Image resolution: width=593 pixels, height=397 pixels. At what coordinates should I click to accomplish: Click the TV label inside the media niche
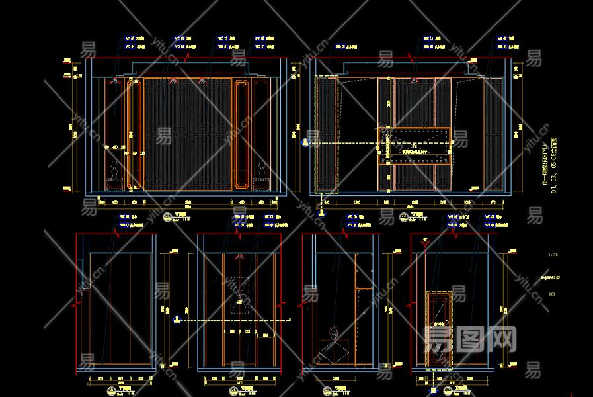click(x=415, y=145)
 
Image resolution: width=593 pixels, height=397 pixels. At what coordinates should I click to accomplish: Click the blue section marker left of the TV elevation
click(x=305, y=142)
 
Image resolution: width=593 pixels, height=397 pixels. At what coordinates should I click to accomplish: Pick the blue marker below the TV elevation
click(x=321, y=212)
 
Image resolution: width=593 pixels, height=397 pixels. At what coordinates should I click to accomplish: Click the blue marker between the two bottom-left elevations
click(x=177, y=320)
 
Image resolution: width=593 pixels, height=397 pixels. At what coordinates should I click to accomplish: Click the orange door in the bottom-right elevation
click(x=440, y=328)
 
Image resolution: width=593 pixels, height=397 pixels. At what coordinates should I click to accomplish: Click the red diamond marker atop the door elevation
click(x=425, y=242)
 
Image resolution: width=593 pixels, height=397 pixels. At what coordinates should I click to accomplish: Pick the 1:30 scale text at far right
click(x=553, y=254)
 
